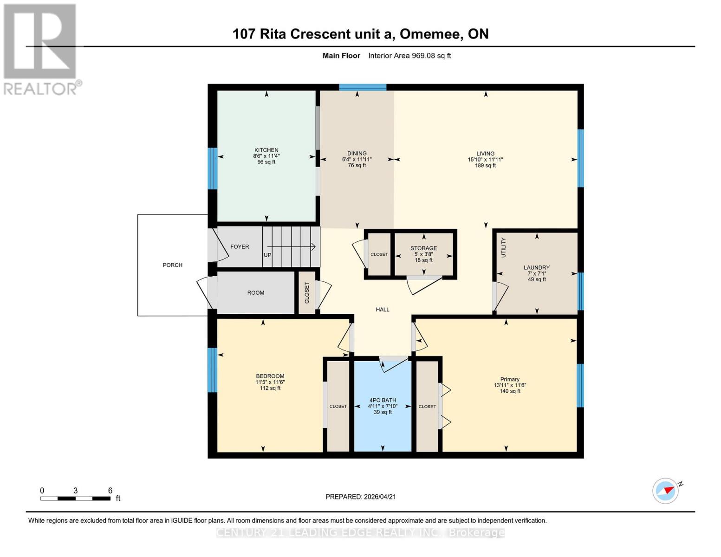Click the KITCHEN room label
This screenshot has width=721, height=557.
(x=266, y=150)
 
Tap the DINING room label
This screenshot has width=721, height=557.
(x=357, y=153)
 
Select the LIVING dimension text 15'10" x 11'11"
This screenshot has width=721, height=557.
(x=485, y=159)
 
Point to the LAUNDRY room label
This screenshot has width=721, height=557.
(x=536, y=267)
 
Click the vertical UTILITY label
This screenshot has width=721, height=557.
(x=503, y=247)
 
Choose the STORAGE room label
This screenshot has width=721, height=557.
(x=423, y=248)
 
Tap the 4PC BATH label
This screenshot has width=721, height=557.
(x=383, y=400)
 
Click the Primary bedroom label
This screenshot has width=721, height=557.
(x=509, y=379)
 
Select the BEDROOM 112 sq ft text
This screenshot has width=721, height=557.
(x=270, y=388)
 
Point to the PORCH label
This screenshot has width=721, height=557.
(x=172, y=265)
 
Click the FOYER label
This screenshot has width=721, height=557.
(x=240, y=246)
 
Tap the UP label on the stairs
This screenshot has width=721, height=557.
(x=267, y=255)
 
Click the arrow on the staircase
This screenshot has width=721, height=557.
(x=291, y=246)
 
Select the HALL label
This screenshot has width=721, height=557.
(x=382, y=309)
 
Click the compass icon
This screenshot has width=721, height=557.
(x=666, y=490)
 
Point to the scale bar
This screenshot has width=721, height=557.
(x=75, y=499)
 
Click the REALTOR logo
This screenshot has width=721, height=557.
(x=41, y=49)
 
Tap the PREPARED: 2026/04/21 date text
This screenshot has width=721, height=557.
(x=360, y=497)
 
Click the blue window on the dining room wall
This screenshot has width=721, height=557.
(x=363, y=87)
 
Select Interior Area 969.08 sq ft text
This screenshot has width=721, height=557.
(x=409, y=56)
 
